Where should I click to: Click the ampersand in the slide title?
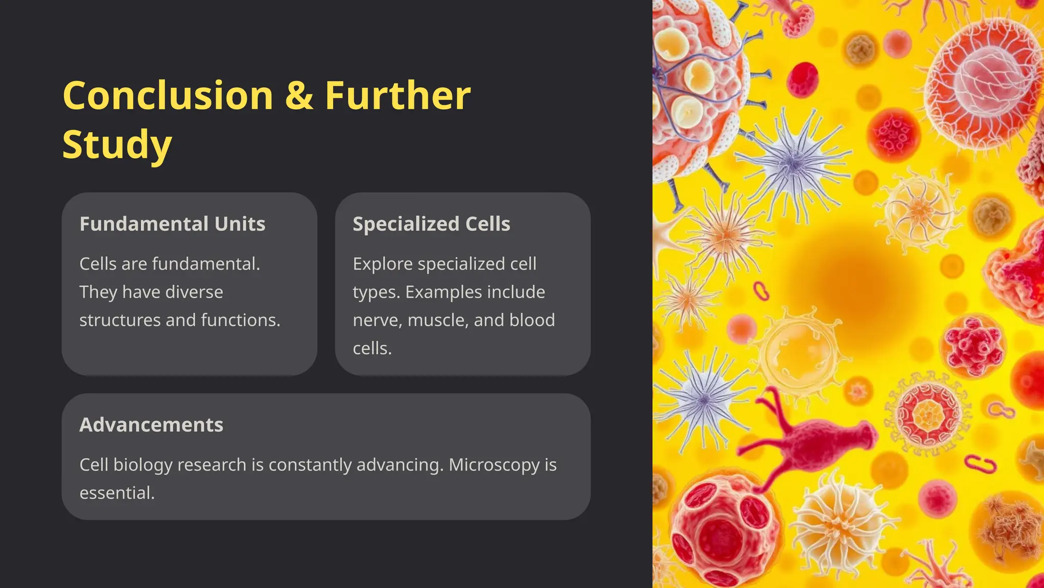(299, 96)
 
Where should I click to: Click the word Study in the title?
(117, 144)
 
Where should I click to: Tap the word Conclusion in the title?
(168, 96)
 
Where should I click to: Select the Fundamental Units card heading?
(172, 224)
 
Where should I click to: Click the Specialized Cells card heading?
(431, 224)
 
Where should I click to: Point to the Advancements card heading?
(151, 425)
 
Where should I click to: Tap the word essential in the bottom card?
(117, 493)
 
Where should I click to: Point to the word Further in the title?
(398, 96)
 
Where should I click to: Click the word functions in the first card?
(240, 320)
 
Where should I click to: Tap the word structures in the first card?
(120, 320)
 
